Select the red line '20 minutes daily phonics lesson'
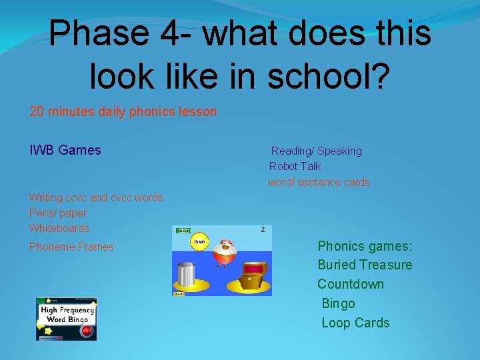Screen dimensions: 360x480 click(123, 111)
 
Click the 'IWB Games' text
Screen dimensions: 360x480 click(65, 150)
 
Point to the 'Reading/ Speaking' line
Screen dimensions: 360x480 click(316, 151)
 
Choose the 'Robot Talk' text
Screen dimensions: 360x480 click(295, 166)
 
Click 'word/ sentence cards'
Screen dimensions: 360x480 click(319, 182)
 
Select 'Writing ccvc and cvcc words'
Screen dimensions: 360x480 click(96, 197)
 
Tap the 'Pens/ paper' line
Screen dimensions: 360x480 click(57, 213)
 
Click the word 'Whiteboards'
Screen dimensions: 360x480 click(59, 228)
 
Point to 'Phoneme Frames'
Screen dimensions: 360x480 click(71, 247)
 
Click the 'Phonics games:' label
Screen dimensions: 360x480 click(365, 246)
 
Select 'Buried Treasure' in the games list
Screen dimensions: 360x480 click(365, 265)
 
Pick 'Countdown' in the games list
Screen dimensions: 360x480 click(351, 284)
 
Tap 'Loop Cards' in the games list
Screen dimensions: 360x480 click(355, 323)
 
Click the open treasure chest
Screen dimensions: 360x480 click(251, 275)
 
